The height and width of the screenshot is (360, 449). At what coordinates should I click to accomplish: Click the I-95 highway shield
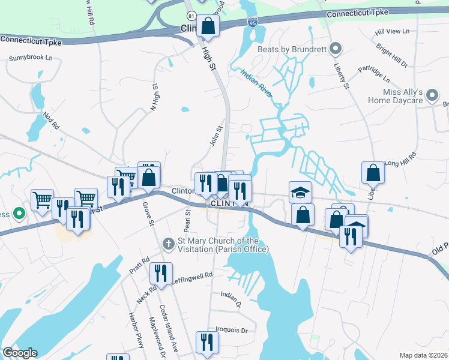click(x=253, y=22)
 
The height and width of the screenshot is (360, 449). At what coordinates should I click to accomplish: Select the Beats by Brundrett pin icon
click(x=336, y=48)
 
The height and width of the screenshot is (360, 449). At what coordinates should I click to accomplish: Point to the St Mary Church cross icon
click(x=169, y=244)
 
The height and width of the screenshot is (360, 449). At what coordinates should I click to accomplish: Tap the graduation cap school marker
click(x=301, y=192)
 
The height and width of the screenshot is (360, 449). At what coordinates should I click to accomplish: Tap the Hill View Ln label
click(x=391, y=31)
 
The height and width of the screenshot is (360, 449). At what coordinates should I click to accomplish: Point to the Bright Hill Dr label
click(x=393, y=55)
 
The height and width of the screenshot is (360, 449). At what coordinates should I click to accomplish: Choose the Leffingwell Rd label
click(x=193, y=276)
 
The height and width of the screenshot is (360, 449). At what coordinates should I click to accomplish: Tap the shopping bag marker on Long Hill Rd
click(x=373, y=172)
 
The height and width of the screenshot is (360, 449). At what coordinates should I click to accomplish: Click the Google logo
click(x=20, y=353)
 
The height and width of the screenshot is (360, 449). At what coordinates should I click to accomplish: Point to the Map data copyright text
click(x=424, y=355)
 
